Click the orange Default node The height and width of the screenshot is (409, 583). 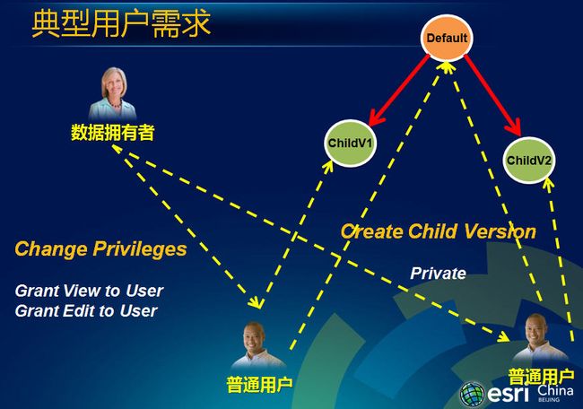tap(447, 38)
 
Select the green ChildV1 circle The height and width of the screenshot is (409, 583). tap(350, 144)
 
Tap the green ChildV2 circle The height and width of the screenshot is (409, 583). tap(528, 161)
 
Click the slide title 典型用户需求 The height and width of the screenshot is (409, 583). tap(121, 24)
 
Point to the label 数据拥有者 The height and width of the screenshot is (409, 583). tap(113, 133)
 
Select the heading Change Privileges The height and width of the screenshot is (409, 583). tap(100, 248)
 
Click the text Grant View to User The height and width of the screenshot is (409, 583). tap(89, 291)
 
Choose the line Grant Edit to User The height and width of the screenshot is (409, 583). tap(86, 311)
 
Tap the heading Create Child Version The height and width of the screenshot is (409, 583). tap(439, 231)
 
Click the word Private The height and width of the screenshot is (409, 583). tap(438, 274)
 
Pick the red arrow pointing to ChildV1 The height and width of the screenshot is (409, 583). tap(398, 91)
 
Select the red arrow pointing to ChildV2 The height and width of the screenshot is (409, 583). tap(492, 95)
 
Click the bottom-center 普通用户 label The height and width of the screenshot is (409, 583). tap(259, 385)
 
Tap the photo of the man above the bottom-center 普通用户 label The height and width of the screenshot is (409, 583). tap(257, 344)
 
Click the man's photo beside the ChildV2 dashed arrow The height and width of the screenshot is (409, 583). tap(539, 337)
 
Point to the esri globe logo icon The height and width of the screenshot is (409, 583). tap(472, 394)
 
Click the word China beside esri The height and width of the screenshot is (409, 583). tap(555, 390)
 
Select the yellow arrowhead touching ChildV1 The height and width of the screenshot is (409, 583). tap(327, 166)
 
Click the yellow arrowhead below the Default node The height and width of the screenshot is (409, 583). tap(447, 67)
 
